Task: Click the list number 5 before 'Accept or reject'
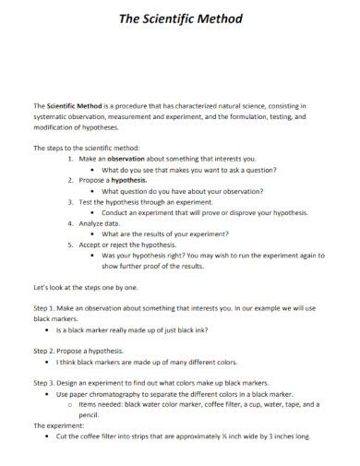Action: pos(71,245)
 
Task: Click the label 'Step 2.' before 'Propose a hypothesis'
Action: pos(45,351)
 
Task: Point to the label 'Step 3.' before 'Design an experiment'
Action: pos(45,382)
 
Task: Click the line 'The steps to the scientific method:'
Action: pos(85,148)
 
